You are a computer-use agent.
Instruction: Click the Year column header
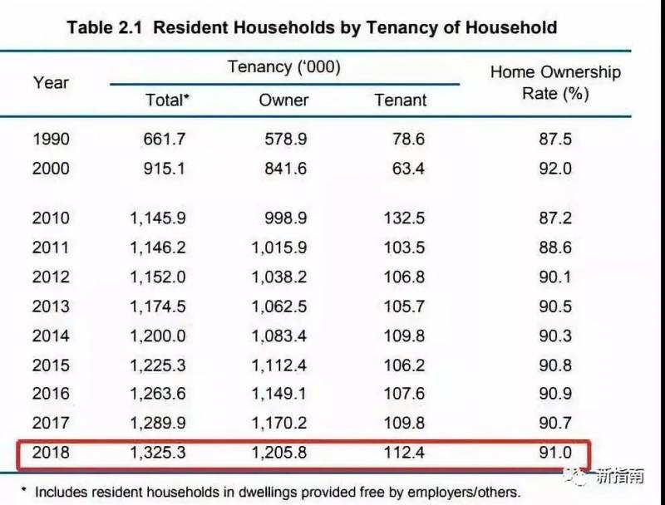(51, 82)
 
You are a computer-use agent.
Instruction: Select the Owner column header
(283, 100)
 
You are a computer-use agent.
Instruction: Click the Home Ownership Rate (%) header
(555, 82)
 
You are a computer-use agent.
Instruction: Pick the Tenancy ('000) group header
(284, 66)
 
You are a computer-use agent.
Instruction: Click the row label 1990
(51, 139)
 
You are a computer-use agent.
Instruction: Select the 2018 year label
(51, 454)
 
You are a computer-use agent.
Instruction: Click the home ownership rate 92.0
(555, 169)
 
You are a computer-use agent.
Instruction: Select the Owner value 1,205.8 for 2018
(279, 454)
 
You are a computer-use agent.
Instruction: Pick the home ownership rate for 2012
(555, 277)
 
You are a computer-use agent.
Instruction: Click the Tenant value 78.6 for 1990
(408, 139)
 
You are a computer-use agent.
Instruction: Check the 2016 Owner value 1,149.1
(279, 395)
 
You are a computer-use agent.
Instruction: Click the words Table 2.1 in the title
(105, 27)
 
